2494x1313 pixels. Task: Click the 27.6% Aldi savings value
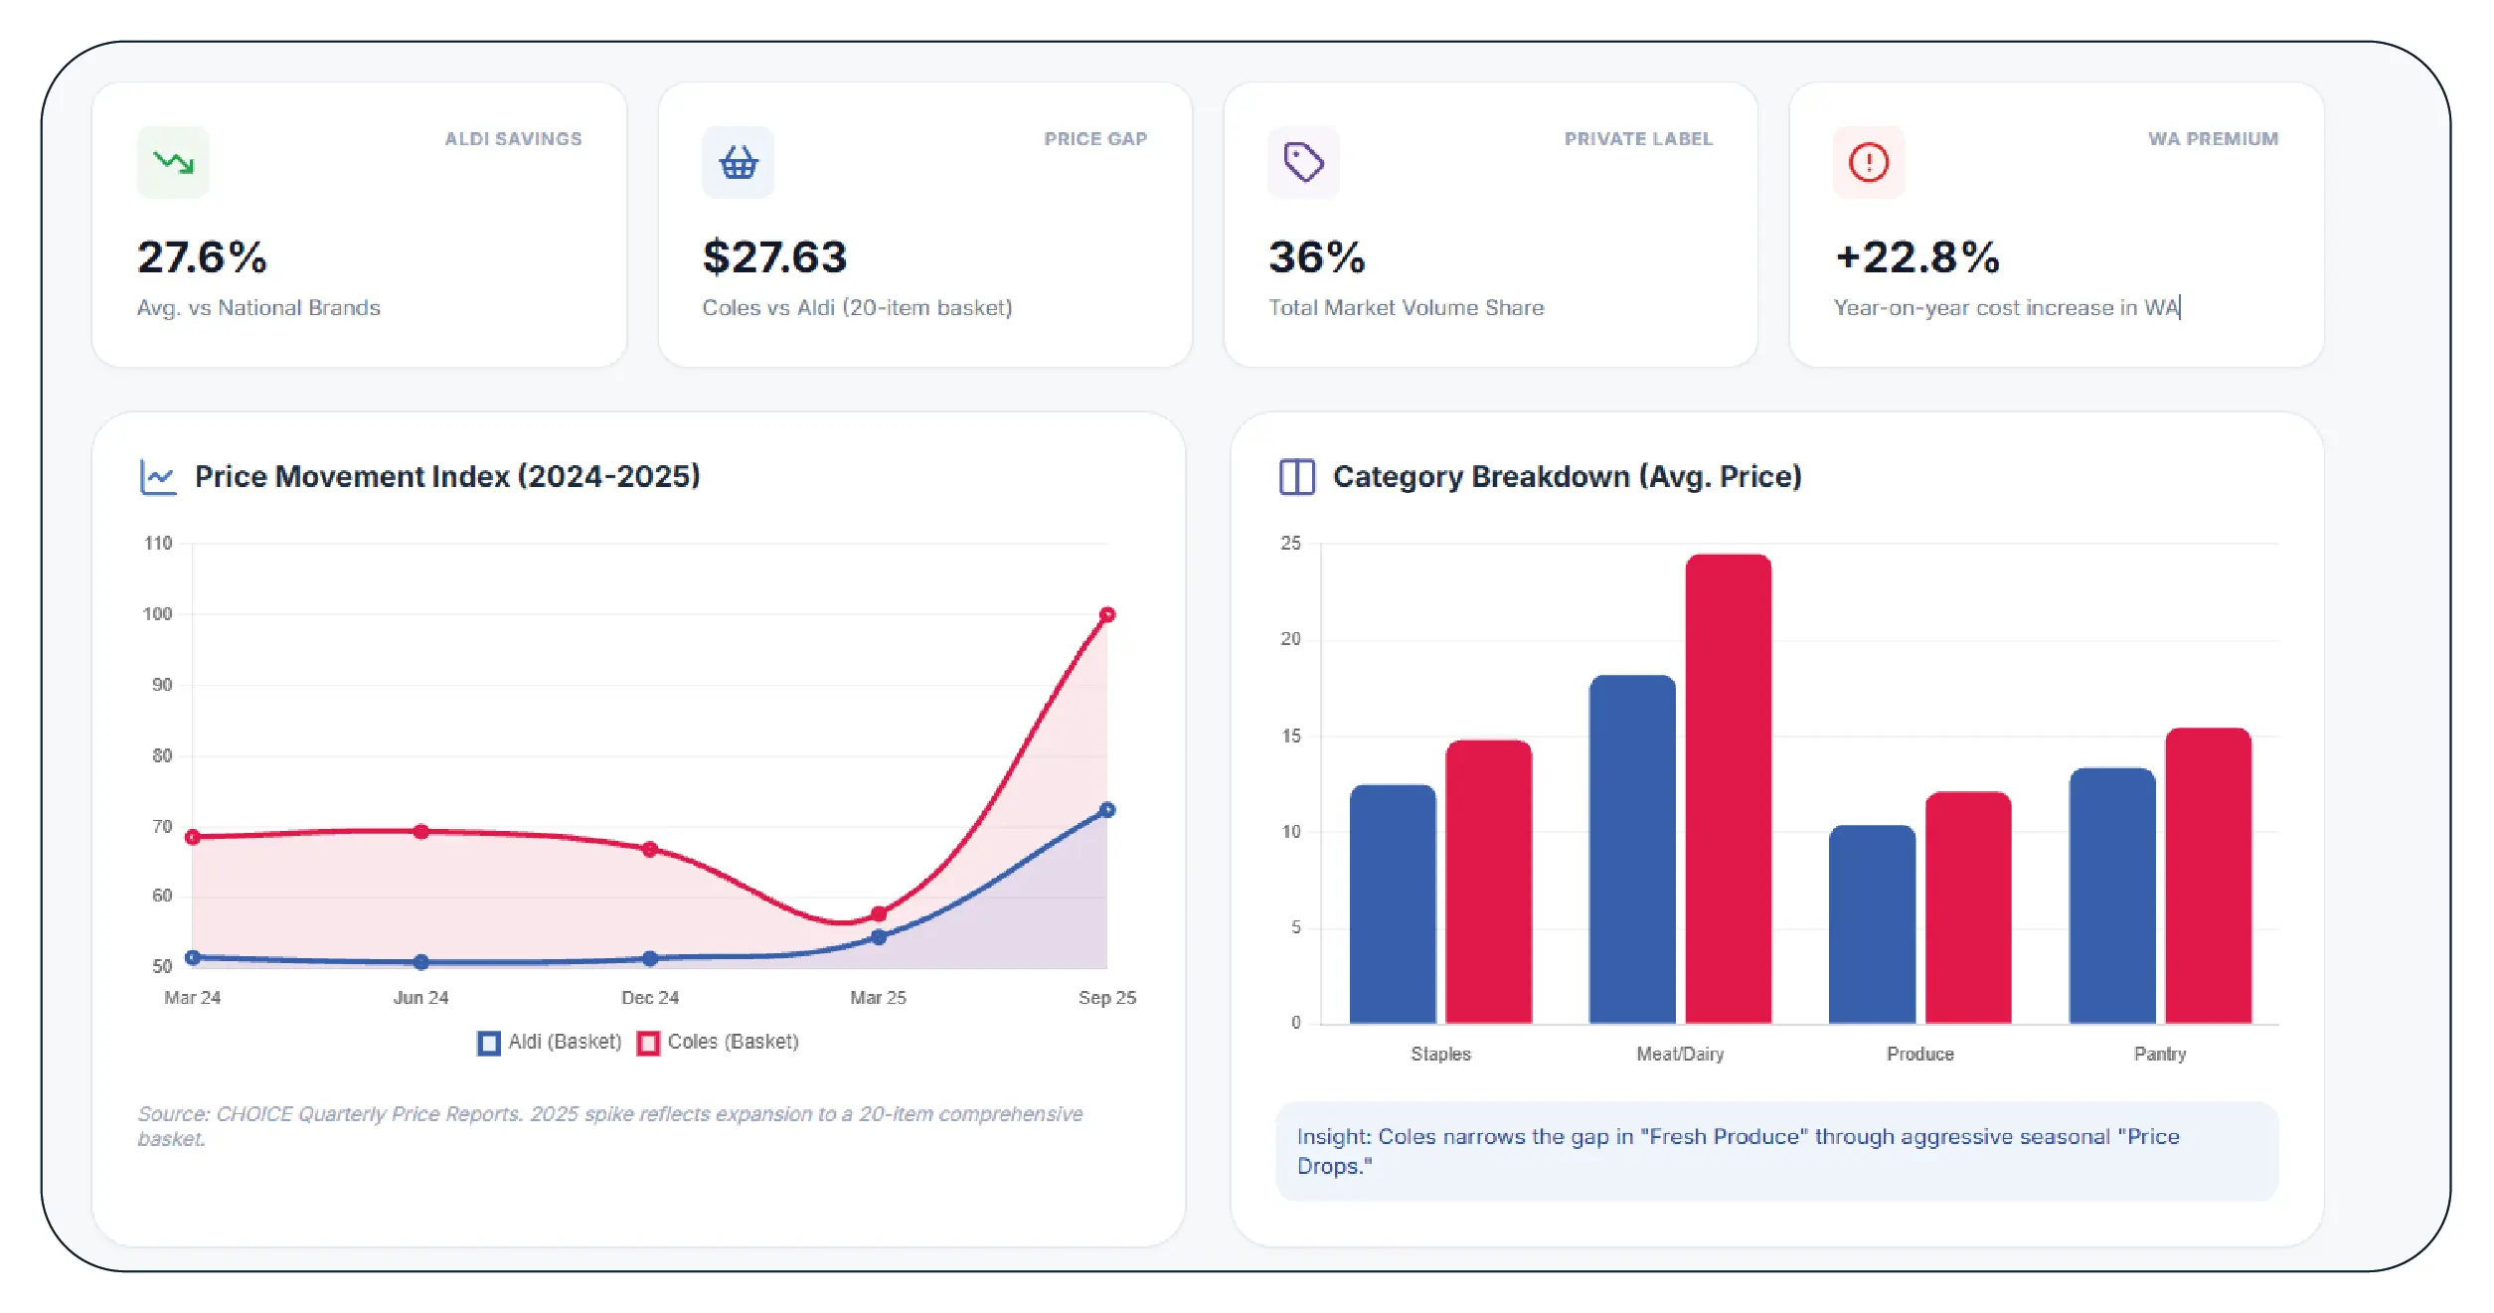202,257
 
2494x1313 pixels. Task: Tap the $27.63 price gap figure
774,257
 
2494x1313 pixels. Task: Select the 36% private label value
1316,257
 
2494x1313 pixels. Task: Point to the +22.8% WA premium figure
1916,257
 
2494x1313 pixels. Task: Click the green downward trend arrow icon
173,162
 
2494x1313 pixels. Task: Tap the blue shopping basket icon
738,162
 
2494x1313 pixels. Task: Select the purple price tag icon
1303,162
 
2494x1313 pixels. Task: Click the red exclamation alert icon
1869,162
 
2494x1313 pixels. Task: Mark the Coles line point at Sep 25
1107,615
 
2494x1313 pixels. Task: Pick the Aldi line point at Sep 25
1107,810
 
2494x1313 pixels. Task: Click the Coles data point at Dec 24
650,850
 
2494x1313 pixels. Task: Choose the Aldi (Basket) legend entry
550,1043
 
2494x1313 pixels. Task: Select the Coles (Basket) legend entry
719,1043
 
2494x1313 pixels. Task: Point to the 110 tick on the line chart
158,544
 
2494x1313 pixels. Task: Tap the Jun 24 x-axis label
421,998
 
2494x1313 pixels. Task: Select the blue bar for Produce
1872,924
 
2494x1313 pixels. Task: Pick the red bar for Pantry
2208,876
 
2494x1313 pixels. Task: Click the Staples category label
1440,1055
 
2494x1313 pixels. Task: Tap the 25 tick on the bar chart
1290,544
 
